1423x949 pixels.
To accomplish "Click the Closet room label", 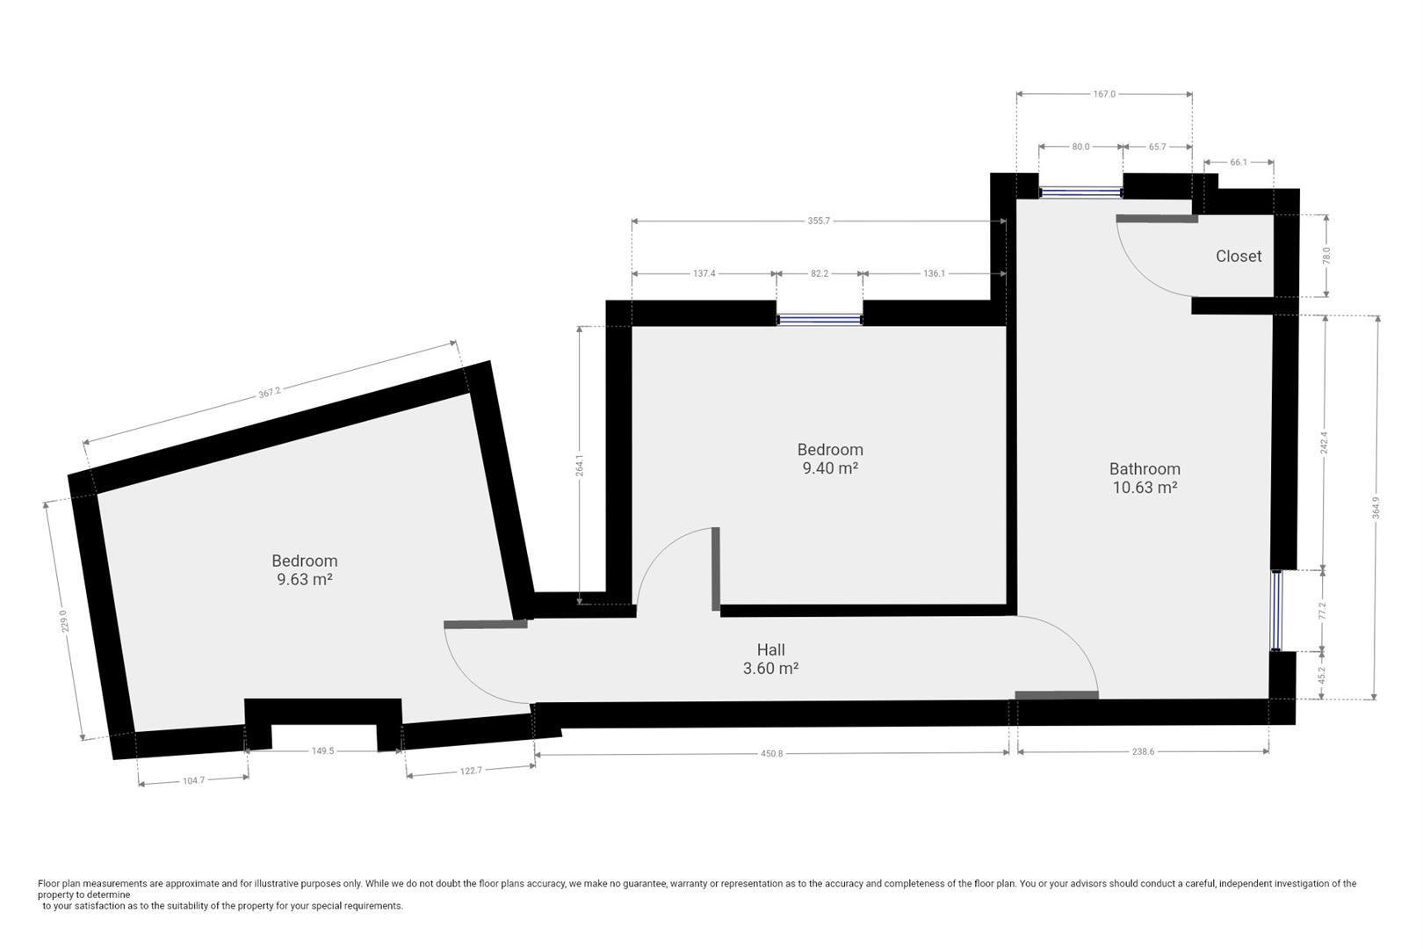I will (1238, 256).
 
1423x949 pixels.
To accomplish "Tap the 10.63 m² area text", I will (1145, 488).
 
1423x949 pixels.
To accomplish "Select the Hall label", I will (770, 649).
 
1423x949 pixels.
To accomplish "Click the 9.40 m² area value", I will (829, 468).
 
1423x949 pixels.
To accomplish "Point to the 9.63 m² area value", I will (304, 580).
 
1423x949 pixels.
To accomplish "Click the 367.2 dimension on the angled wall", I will (270, 393).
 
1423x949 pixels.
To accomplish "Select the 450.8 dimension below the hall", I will (771, 753).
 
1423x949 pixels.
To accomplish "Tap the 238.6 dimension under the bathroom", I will (1142, 752).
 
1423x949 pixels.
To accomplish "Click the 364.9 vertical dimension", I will (1376, 508).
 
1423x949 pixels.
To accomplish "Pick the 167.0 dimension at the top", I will (1104, 94).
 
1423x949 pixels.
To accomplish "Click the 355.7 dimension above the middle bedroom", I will (818, 221).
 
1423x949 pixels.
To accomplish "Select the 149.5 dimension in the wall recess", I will (322, 750).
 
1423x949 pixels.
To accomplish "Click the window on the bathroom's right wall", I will (1275, 611).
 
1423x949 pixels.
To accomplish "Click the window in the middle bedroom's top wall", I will (820, 320).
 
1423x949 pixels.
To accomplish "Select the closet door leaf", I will (1157, 219).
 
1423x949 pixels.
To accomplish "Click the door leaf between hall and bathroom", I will (1056, 695).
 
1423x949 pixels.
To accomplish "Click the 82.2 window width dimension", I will (819, 273).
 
